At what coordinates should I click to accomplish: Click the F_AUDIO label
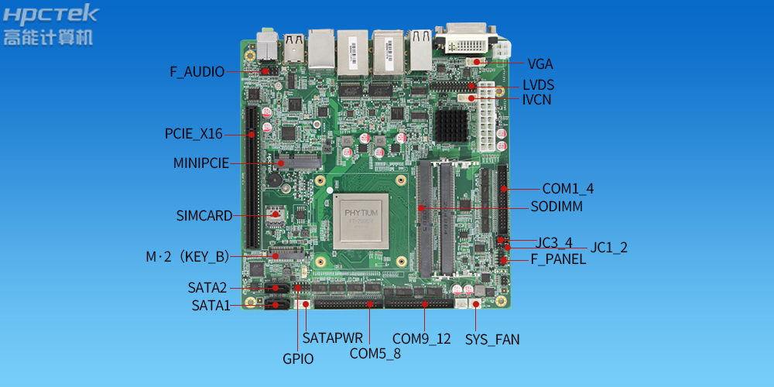tap(197, 72)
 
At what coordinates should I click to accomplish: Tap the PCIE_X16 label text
tap(193, 134)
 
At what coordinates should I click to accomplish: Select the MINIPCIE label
tap(201, 163)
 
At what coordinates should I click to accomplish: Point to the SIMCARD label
tap(204, 216)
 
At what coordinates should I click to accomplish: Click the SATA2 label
tap(207, 287)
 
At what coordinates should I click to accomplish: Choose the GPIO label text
tap(298, 359)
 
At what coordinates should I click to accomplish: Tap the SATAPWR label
tap(333, 338)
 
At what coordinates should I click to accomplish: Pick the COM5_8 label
tap(375, 354)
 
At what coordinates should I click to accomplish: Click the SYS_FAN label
tap(492, 340)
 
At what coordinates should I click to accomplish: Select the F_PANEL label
tap(558, 259)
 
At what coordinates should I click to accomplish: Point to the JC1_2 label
tap(608, 248)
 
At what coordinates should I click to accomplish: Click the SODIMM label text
tap(557, 207)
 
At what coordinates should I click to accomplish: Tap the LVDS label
tap(538, 85)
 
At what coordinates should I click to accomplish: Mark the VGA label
tap(540, 64)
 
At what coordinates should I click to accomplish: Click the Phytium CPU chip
tap(361, 221)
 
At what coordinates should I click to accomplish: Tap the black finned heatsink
tap(451, 125)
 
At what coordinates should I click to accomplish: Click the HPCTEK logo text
tap(50, 14)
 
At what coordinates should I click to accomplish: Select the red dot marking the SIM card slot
tap(276, 214)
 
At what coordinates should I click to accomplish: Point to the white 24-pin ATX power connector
tap(486, 117)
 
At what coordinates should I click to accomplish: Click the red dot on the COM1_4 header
tap(504, 189)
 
